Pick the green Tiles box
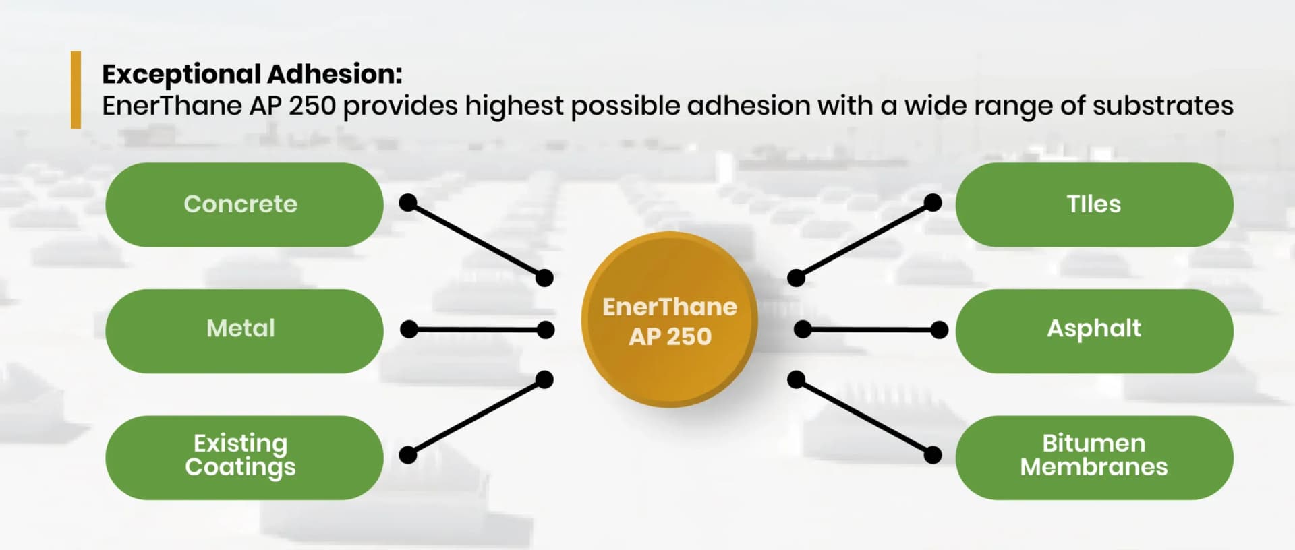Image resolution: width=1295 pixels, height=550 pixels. pos(1094,204)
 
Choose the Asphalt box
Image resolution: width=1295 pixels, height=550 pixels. pos(1094,330)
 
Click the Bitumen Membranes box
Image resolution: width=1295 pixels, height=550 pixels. pos(1094,457)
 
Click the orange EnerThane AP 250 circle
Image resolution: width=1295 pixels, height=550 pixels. pos(669,319)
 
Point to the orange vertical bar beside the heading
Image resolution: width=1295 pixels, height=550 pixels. pos(76,90)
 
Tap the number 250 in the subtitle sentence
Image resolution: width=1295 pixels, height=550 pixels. pos(312,106)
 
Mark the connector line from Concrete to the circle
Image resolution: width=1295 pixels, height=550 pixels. pos(476,240)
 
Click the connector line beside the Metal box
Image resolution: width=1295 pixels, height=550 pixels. pos(477,330)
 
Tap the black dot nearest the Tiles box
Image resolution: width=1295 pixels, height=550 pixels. pos(933,202)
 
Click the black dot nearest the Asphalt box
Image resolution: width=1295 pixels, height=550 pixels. pos(939,330)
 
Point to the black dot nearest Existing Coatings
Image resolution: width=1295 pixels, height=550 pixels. pos(408,455)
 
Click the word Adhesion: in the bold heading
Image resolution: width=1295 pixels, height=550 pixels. pos(335,74)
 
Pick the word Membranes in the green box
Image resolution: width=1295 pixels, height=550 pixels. pos(1094,467)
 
